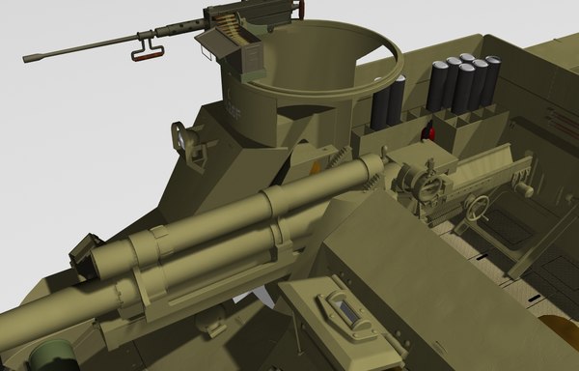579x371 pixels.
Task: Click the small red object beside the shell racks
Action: [x=432, y=132]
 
